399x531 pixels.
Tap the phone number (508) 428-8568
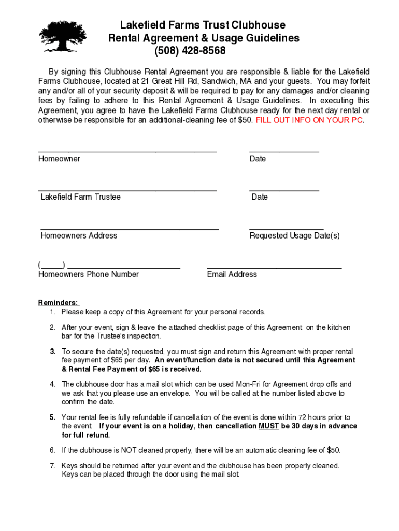190,51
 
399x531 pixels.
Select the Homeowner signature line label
59,159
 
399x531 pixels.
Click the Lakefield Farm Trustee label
80,197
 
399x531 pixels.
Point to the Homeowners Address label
79,235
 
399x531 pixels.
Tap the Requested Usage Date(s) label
294,235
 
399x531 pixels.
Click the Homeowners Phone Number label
89,274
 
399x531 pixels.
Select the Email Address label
232,274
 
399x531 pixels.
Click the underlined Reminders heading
58,303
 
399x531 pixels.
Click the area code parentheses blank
51,265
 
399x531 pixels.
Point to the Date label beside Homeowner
258,159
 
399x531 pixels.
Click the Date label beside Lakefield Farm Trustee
260,197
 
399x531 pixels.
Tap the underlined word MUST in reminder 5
268,426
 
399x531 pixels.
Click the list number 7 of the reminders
52,466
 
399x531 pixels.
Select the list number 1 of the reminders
52,312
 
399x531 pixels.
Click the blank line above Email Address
274,267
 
